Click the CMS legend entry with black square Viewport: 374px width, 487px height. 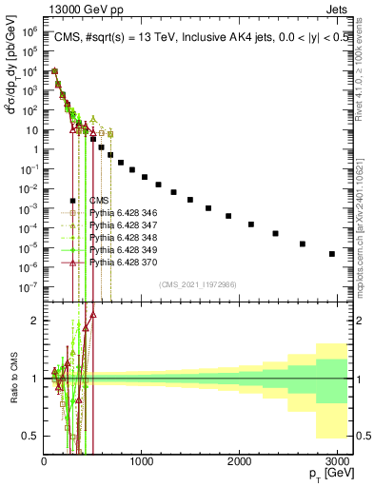pyautogui.click(x=98, y=200)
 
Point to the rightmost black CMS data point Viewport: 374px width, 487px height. pyautogui.click(x=332, y=254)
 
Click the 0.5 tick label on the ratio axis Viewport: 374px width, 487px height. pyautogui.click(x=30, y=436)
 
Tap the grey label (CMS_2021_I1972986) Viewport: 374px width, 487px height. pyautogui.click(x=198, y=284)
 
